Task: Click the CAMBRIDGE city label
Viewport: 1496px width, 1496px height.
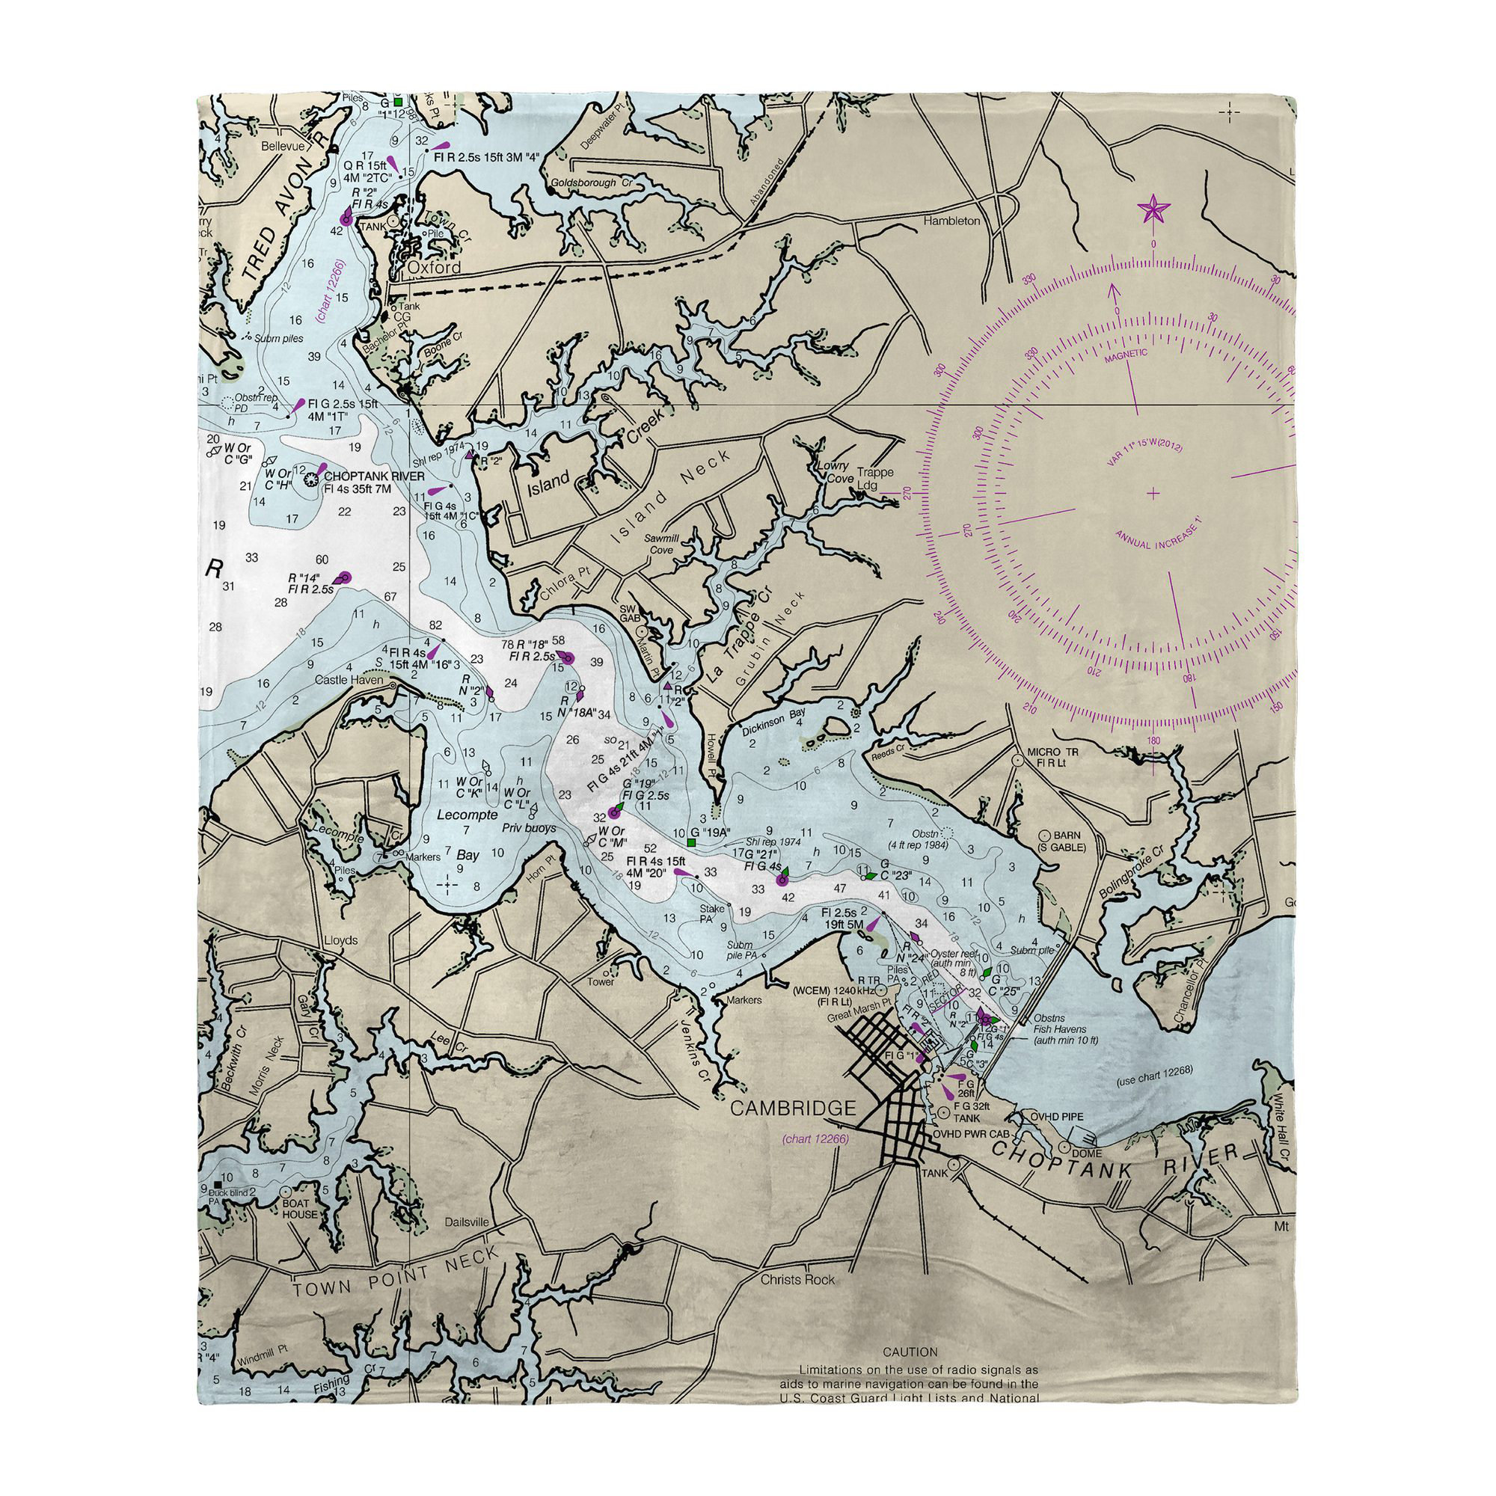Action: [x=794, y=1109]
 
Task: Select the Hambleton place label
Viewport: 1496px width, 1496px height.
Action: [x=951, y=221]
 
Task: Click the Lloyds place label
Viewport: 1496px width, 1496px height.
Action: [x=340, y=940]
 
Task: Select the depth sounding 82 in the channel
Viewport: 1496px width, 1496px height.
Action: [x=435, y=625]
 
